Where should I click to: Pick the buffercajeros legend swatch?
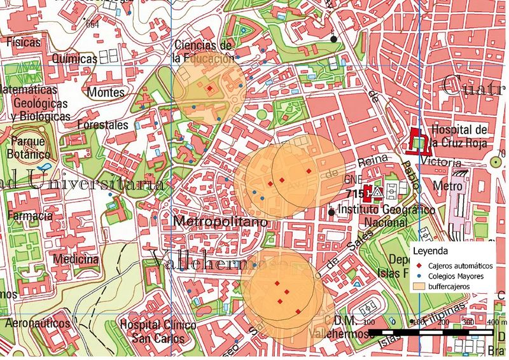419,287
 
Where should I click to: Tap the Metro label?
447,186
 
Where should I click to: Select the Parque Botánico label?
28,148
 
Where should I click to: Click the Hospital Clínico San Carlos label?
157,331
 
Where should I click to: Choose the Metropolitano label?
218,222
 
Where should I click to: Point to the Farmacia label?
29,216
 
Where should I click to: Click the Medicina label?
76,260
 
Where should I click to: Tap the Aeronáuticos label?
37,324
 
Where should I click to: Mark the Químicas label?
75,59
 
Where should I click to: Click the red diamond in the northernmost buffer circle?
209,88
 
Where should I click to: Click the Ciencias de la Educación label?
204,52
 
